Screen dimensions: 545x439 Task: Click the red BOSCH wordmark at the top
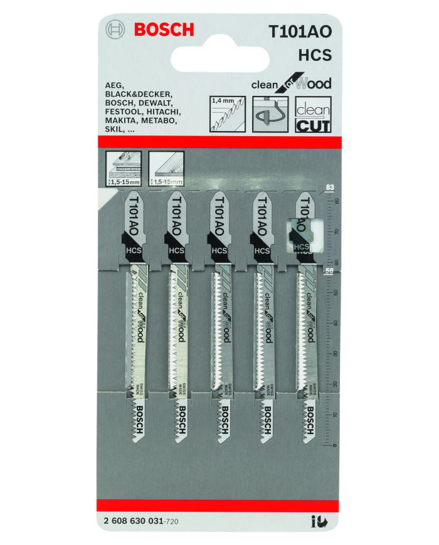pyautogui.click(x=164, y=29)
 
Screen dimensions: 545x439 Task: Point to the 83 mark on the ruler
pyautogui.click(x=330, y=187)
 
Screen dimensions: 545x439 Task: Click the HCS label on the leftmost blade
pyautogui.click(x=132, y=250)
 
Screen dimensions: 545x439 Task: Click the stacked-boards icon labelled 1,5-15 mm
pyautogui.click(x=124, y=167)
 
